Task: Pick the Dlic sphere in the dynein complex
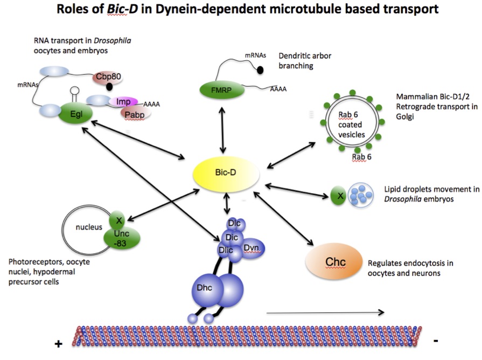coord(226,251)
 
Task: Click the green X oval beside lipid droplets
coord(338,195)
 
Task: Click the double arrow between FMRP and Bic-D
coord(222,130)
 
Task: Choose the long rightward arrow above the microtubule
coord(325,312)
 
